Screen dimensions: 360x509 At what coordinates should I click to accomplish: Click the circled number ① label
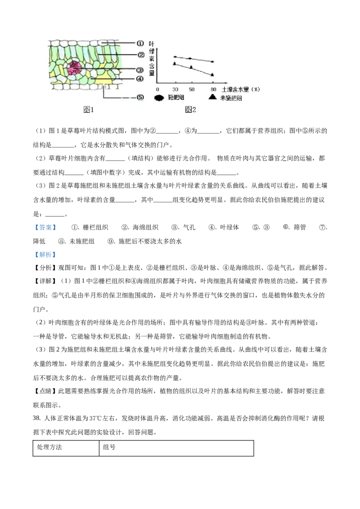point(140,43)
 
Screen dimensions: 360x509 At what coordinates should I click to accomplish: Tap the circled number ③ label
point(140,70)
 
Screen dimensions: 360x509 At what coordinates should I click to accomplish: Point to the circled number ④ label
point(140,79)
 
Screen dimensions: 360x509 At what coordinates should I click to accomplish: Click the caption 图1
point(89,110)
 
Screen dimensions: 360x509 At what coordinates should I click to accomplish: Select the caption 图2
point(191,110)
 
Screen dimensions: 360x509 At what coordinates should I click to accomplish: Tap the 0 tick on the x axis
point(157,90)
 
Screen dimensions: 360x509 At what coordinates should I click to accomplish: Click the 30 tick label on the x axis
point(175,90)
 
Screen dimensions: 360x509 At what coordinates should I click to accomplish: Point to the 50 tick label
point(191,90)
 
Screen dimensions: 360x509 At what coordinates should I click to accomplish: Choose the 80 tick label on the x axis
point(213,90)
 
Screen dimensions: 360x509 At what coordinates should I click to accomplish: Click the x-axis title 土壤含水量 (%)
point(241,89)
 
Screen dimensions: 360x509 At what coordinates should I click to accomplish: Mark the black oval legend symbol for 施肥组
point(160,98)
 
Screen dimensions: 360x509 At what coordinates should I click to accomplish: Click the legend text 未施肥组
point(231,98)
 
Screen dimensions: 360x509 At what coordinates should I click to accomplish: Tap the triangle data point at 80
point(212,74)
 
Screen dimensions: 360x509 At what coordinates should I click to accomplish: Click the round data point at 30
point(175,57)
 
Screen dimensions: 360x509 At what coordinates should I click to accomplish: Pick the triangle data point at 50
point(191,67)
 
